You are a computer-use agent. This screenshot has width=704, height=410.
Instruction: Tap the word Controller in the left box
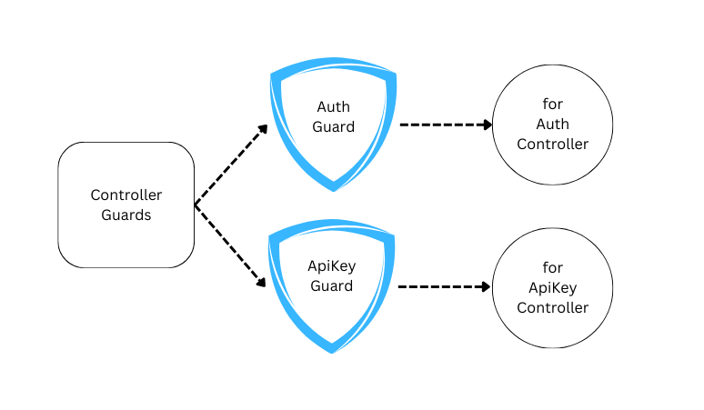(126, 195)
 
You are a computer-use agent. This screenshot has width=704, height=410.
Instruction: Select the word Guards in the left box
(126, 215)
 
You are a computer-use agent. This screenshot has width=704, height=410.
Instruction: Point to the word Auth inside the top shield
(333, 106)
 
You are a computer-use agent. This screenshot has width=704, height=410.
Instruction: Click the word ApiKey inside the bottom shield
(333, 266)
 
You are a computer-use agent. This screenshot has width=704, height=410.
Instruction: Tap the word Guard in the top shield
(333, 126)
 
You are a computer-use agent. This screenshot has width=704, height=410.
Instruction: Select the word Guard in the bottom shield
(333, 286)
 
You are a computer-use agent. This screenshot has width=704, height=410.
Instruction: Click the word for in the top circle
(552, 105)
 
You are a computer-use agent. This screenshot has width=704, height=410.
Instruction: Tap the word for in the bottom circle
(552, 267)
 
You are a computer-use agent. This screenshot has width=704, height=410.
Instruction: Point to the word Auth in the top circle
(552, 125)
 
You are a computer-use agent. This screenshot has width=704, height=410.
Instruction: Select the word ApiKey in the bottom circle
(552, 287)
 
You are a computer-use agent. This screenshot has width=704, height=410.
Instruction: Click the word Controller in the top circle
(552, 145)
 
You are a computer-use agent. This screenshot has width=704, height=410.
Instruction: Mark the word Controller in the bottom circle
(552, 307)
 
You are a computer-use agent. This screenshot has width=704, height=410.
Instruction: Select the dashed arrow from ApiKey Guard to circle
(444, 286)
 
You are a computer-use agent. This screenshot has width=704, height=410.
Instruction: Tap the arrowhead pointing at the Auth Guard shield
(263, 129)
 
